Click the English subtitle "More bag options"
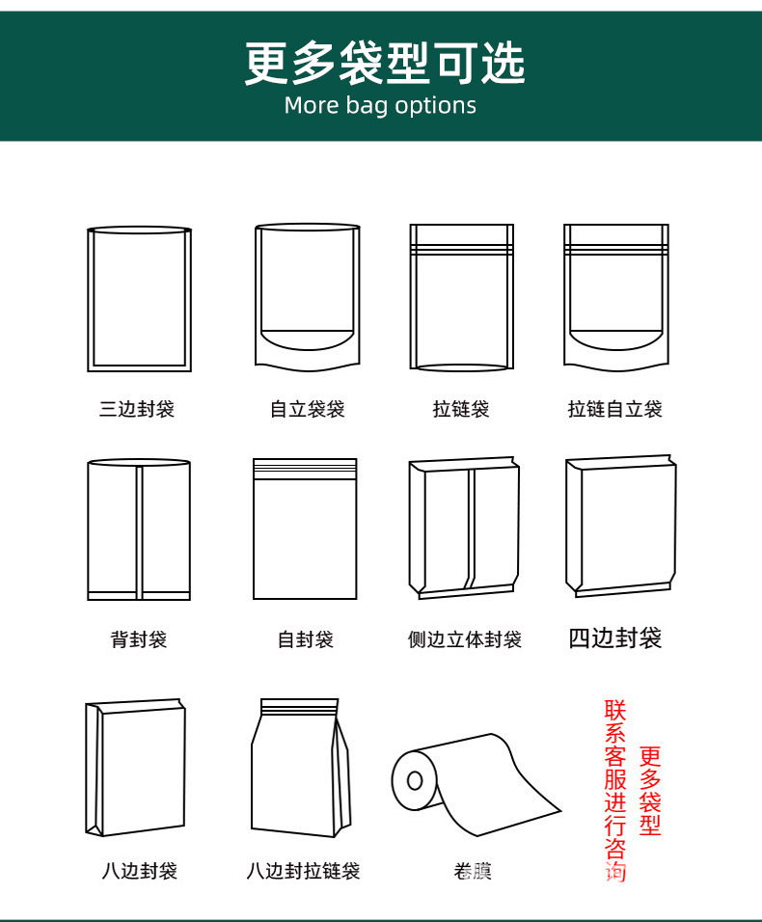pos(380,106)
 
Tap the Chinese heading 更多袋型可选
pos(385,63)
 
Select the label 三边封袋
pos(137,409)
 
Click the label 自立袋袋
pos(308,409)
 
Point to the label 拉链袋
pos(461,409)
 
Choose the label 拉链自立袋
pos(615,409)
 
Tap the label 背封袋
pos(139,639)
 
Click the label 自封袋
pos(306,639)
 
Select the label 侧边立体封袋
pos(465,639)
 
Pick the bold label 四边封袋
pos(615,638)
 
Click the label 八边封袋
pos(139,870)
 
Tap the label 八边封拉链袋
pos(304,870)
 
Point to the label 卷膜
pos(473,870)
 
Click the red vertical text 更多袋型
pos(650,791)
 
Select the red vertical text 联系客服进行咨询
pos(615,790)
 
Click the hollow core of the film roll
pos(415,780)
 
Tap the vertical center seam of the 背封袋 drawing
pos(139,532)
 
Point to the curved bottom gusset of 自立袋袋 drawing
pos(308,341)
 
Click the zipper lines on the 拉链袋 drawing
pos(462,250)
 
